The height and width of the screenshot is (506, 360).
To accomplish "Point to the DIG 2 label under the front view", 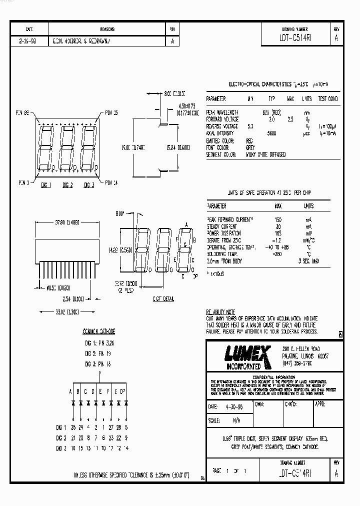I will click(x=67, y=185).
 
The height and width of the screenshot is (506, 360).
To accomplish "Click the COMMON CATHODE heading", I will click(x=98, y=331).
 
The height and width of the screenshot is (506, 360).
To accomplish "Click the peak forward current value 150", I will click(x=277, y=219).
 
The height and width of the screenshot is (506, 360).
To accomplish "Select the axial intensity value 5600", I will click(x=272, y=133).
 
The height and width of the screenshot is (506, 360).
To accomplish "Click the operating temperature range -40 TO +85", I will click(x=278, y=247).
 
